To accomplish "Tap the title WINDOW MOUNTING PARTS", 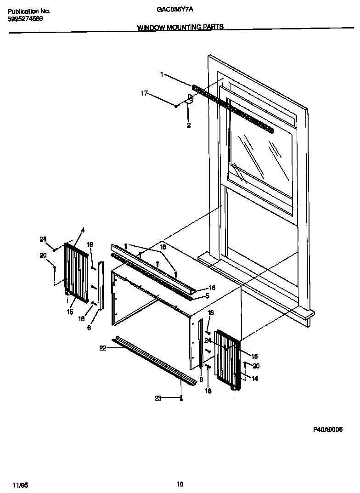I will (180, 27).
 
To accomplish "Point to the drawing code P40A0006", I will (328, 429).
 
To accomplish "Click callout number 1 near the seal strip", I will (162, 74).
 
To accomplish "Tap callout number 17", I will (144, 93).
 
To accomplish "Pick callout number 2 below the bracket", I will (189, 125).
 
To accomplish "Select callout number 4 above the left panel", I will (83, 230).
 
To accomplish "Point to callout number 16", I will (212, 288).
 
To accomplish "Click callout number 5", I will (207, 296).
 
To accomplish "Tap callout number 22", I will (103, 348).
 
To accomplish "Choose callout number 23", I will (157, 398).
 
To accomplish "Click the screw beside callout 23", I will (182, 398).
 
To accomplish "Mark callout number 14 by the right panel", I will (255, 379).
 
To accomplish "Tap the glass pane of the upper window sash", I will (259, 156).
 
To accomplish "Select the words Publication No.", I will (29, 11).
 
